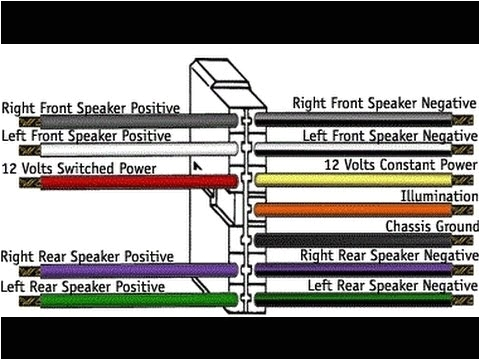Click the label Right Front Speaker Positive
click(x=90, y=107)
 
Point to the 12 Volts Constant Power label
click(x=399, y=164)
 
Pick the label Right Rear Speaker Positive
click(x=87, y=257)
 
